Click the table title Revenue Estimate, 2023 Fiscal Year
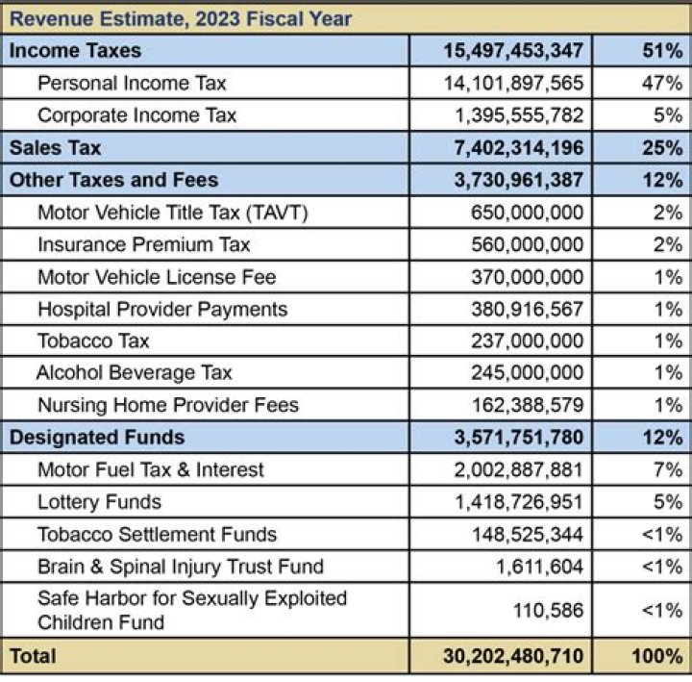pyautogui.click(x=180, y=17)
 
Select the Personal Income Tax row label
pyautogui.click(x=132, y=83)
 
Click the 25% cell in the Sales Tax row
pyautogui.click(x=663, y=148)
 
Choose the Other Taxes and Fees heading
pyautogui.click(x=113, y=180)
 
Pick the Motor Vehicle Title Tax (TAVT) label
pyautogui.click(x=172, y=213)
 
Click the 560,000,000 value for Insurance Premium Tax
pyautogui.click(x=527, y=244)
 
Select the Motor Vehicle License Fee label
pyautogui.click(x=157, y=277)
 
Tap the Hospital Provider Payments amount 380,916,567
pyautogui.click(x=527, y=309)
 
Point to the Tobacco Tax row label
pyautogui.click(x=93, y=341)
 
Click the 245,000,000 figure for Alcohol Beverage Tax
pyautogui.click(x=527, y=372)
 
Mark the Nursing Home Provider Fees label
pyautogui.click(x=168, y=405)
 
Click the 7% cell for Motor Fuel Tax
pyautogui.click(x=668, y=469)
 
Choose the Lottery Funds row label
pyautogui.click(x=99, y=502)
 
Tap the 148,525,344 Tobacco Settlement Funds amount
pyautogui.click(x=527, y=534)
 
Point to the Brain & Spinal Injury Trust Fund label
pyautogui.click(x=181, y=567)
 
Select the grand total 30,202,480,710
pyautogui.click(x=513, y=657)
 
